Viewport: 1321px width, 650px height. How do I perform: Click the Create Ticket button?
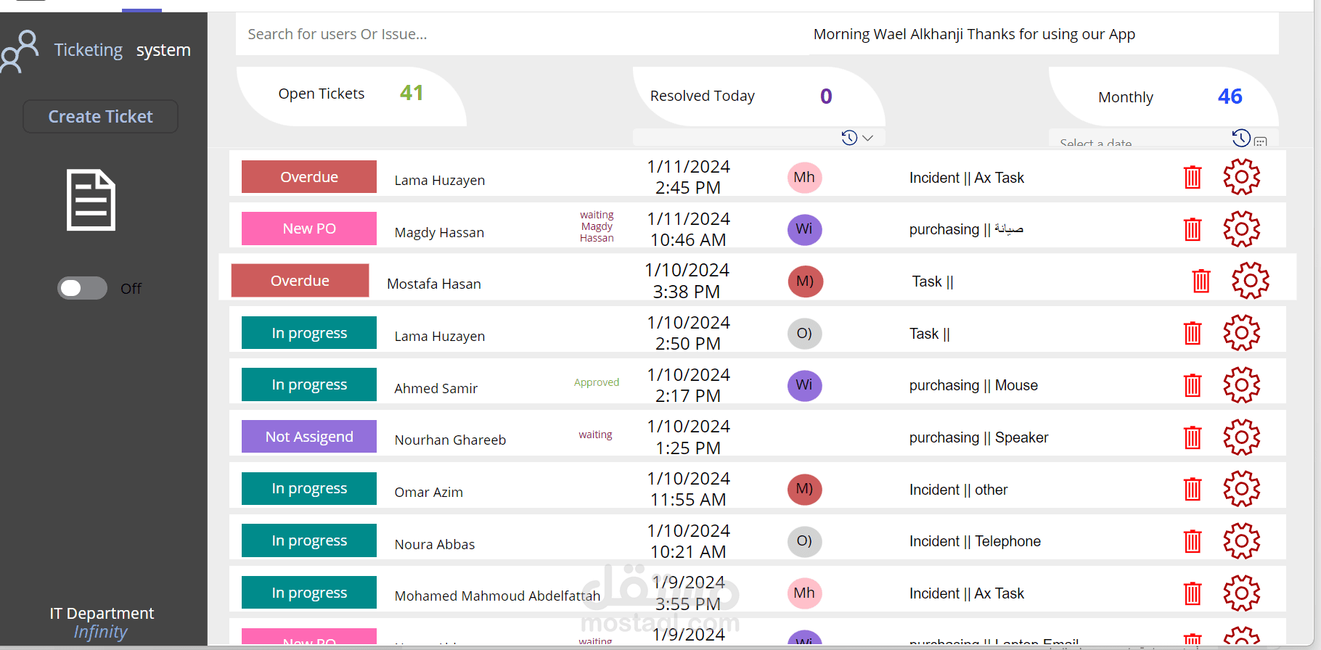coord(100,117)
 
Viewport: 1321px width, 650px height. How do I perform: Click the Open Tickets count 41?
coord(412,93)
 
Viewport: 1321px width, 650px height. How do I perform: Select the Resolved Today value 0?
coord(826,96)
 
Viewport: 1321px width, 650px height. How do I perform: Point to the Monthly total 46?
coord(1230,96)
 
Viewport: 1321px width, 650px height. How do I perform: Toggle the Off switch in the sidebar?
coord(82,288)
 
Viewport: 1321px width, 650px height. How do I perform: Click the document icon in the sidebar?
coord(91,200)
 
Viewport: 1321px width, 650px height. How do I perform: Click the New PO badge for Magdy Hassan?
coord(309,229)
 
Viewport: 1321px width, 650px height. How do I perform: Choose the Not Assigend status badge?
coord(309,437)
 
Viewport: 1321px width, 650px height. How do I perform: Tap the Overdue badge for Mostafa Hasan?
coord(300,281)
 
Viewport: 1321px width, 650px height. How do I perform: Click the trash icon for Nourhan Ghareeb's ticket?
coord(1193,437)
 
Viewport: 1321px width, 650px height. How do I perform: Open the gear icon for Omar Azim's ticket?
coord(1241,489)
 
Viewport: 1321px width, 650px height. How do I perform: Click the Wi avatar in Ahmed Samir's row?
coord(804,385)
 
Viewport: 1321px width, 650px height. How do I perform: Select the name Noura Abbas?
coord(435,545)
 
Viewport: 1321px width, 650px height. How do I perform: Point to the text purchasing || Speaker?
coord(978,437)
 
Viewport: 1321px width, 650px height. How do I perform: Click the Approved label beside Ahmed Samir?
coord(597,382)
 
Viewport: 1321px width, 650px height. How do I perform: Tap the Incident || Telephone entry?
coord(975,541)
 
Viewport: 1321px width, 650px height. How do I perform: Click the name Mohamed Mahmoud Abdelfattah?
coord(497,596)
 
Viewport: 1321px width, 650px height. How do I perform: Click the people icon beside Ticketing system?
coord(20,51)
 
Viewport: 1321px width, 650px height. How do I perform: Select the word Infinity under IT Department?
coord(100,632)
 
